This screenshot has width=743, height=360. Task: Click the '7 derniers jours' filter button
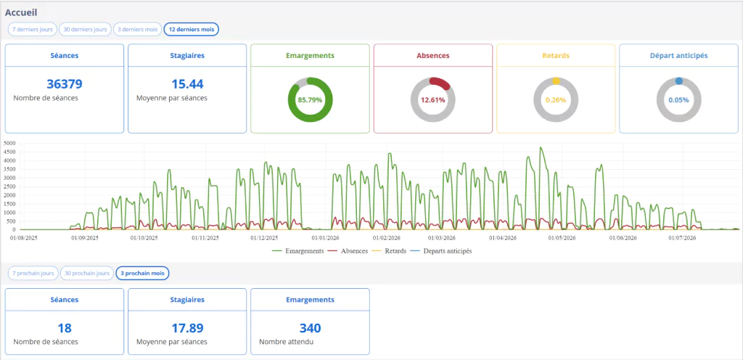(33, 29)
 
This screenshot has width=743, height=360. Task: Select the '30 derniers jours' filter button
(86, 29)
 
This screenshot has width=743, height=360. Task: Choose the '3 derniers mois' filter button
(137, 29)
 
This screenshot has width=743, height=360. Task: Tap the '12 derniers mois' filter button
(192, 29)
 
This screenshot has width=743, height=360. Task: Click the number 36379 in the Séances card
(65, 84)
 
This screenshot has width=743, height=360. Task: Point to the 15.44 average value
(187, 84)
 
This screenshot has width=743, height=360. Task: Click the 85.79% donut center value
(310, 100)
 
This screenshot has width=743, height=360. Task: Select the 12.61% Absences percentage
(432, 100)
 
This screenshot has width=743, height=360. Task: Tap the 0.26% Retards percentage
(556, 100)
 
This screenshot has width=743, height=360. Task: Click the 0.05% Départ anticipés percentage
(678, 100)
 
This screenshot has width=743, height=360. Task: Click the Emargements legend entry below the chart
(298, 251)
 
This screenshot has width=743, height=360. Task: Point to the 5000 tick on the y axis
(9, 143)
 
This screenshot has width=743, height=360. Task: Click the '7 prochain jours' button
(33, 274)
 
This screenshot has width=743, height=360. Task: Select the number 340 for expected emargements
(310, 328)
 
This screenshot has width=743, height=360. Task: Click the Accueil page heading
(22, 12)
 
